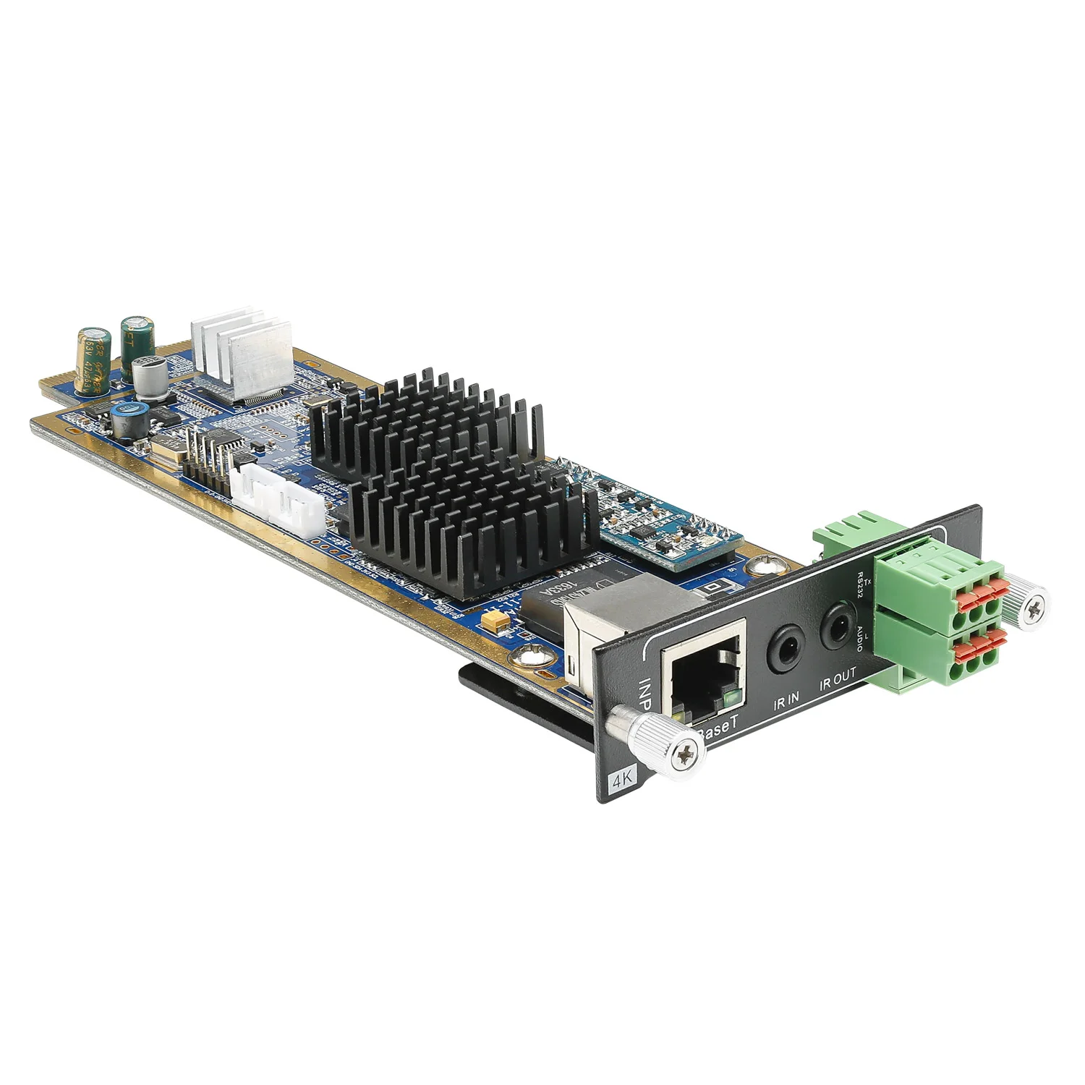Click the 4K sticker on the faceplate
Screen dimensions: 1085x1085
click(x=619, y=781)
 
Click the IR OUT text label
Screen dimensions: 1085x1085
click(x=838, y=678)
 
